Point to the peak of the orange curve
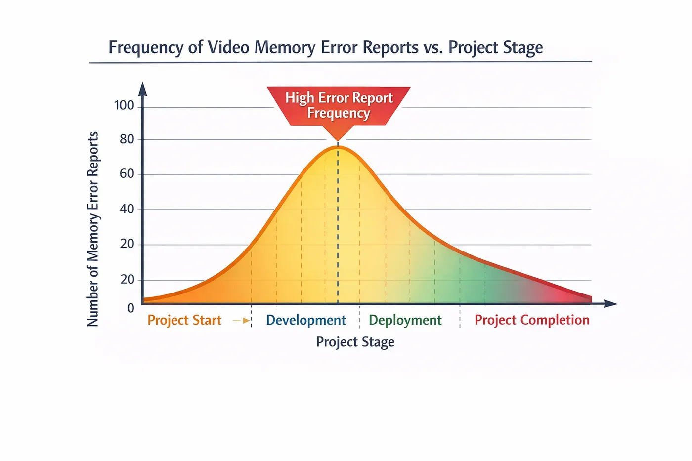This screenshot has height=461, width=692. point(338,146)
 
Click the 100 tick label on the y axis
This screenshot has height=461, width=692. point(124,106)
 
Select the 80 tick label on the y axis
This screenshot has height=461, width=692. point(127,139)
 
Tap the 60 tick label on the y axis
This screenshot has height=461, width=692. point(127,174)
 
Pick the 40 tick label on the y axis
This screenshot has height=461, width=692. point(127,209)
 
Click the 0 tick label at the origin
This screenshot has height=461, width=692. point(130,308)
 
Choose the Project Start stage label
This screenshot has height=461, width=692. point(184,320)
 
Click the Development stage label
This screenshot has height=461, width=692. point(306,320)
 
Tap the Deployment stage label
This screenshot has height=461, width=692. point(405,320)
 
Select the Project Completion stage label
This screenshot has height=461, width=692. point(532,320)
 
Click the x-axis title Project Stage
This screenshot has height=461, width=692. point(355,342)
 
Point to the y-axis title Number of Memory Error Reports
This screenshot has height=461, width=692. point(93,229)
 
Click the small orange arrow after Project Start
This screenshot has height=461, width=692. point(241,321)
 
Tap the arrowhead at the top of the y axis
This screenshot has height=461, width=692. point(142,89)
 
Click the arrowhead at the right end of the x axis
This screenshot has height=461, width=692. point(610,303)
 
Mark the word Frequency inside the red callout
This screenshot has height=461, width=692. point(339,113)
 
